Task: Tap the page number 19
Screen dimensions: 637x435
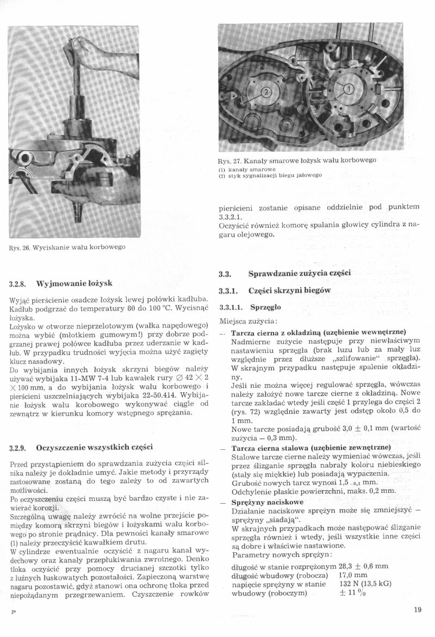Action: tap(417, 610)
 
